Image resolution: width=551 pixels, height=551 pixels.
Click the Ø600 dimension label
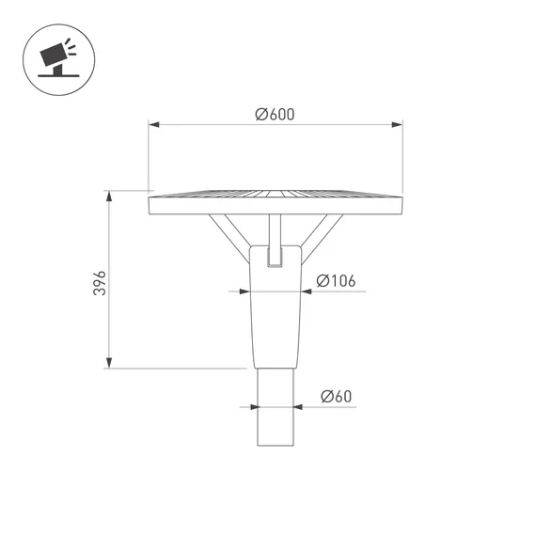pos(275,115)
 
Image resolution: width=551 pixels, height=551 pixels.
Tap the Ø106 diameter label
pos(336,281)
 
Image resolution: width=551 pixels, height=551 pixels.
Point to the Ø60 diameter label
pos(336,396)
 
